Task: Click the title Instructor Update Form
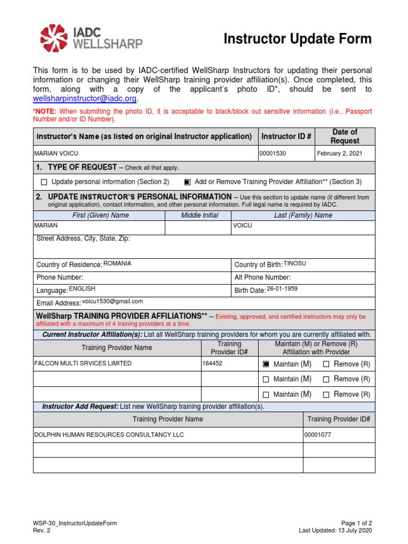tap(297, 39)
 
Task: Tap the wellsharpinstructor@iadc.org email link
tap(85, 99)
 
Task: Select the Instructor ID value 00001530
tap(273, 154)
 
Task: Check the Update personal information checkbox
tap(44, 182)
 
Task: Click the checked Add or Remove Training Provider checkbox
tap(187, 182)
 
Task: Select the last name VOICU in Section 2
tap(243, 225)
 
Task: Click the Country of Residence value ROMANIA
tap(117, 263)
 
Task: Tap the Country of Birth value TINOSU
tap(295, 263)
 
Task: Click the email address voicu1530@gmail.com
tap(112, 301)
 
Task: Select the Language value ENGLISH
tap(82, 288)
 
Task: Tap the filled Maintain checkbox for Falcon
tap(266, 364)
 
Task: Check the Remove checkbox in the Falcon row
tap(326, 364)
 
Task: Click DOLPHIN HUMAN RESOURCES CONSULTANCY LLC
tap(109, 435)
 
